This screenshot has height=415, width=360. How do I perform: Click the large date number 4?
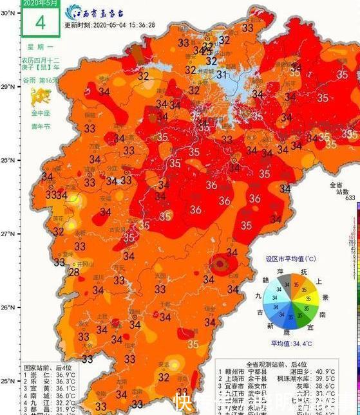click(41, 23)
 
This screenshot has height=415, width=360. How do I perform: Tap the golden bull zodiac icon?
click(41, 97)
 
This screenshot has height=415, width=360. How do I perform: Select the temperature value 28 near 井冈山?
click(74, 272)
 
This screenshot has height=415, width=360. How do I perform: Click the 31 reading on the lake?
click(222, 75)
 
